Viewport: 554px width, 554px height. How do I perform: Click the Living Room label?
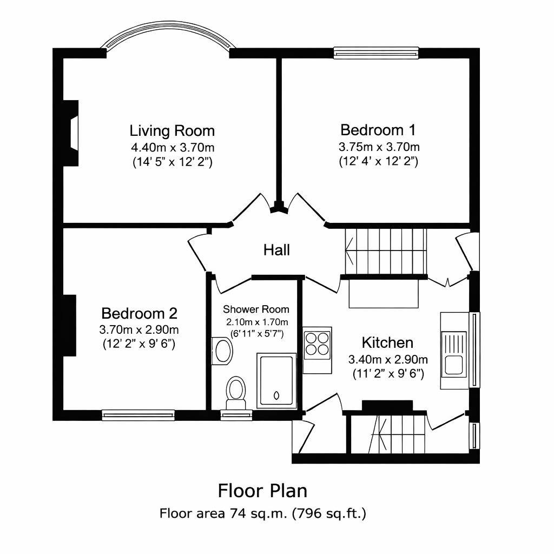(172, 131)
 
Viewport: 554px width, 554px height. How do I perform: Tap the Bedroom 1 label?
(378, 130)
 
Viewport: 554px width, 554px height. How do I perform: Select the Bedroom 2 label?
(139, 313)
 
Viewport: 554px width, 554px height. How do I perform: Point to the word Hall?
(276, 250)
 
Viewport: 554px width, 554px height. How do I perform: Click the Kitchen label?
(387, 342)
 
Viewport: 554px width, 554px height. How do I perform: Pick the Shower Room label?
(256, 309)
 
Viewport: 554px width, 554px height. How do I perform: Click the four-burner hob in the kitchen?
(318, 344)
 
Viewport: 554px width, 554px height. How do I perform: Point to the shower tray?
(276, 379)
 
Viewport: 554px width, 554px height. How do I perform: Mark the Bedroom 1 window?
(376, 52)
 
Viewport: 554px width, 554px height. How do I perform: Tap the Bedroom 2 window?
(138, 415)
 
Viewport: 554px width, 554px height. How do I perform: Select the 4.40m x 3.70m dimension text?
(172, 147)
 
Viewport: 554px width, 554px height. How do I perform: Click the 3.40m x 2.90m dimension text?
(387, 359)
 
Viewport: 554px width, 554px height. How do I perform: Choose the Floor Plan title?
(262, 491)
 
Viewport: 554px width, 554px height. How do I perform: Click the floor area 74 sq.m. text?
(262, 513)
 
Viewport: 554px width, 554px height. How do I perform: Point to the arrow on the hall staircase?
(351, 250)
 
